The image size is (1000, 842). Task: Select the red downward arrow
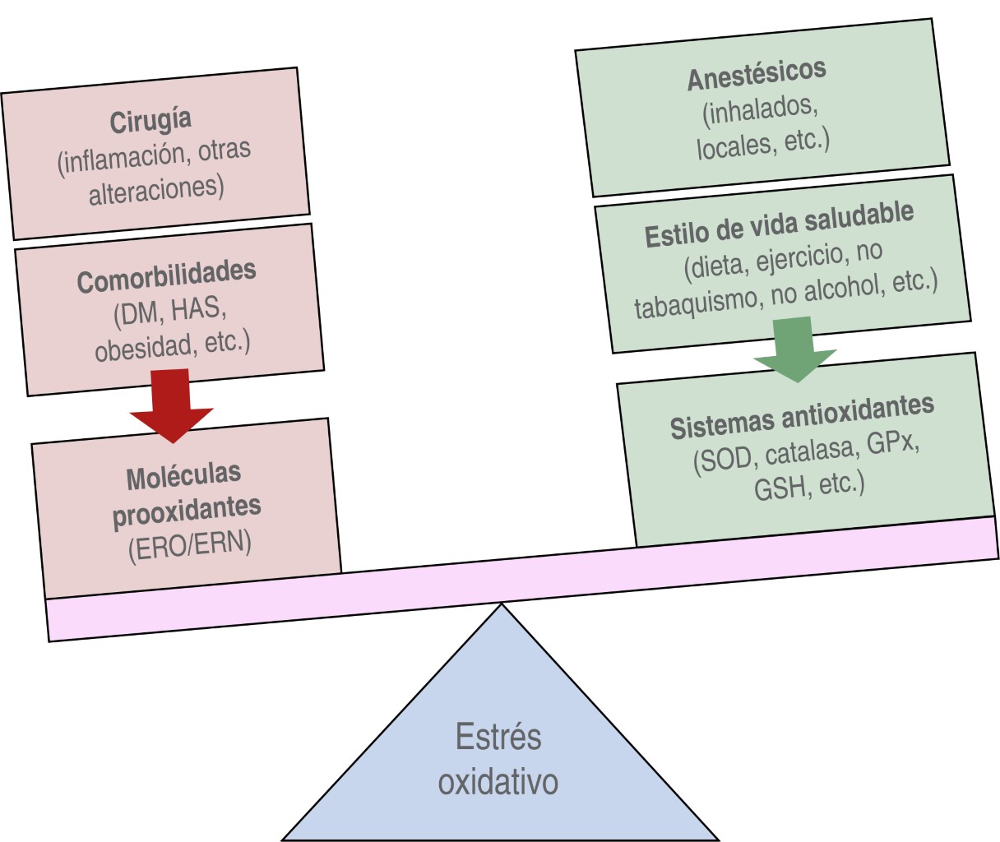point(171,405)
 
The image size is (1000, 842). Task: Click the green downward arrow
point(794,349)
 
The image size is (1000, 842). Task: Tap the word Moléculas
point(183,476)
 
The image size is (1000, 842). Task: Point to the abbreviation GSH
point(780,490)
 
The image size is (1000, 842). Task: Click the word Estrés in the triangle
point(498,737)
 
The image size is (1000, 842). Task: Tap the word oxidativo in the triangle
point(498,781)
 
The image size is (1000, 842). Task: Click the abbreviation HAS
point(197,308)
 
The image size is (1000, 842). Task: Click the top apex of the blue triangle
point(501,605)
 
